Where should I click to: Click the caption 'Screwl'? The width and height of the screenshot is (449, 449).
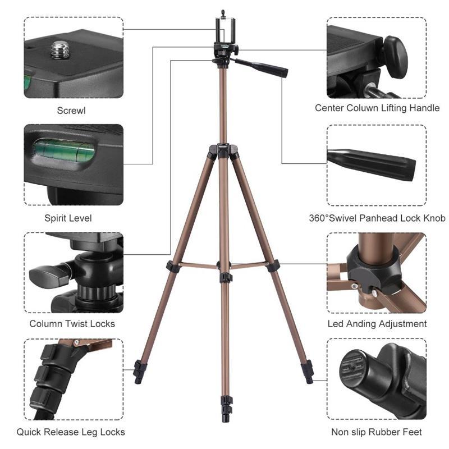pyautogui.click(x=71, y=110)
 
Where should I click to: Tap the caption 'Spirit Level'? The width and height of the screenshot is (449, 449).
pyautogui.click(x=68, y=218)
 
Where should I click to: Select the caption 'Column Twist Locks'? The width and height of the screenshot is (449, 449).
pyautogui.click(x=72, y=324)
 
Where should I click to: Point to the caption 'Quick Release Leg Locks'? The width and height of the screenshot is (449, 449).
pyautogui.click(x=71, y=432)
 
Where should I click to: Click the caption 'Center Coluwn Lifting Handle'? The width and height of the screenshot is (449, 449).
pyautogui.click(x=377, y=108)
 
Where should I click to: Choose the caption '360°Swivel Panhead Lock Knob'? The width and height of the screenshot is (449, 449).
pyautogui.click(x=377, y=218)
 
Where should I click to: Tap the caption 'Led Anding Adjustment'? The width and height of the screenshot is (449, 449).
pyautogui.click(x=377, y=324)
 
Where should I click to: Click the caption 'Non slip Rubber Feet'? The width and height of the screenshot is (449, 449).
pyautogui.click(x=377, y=432)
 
